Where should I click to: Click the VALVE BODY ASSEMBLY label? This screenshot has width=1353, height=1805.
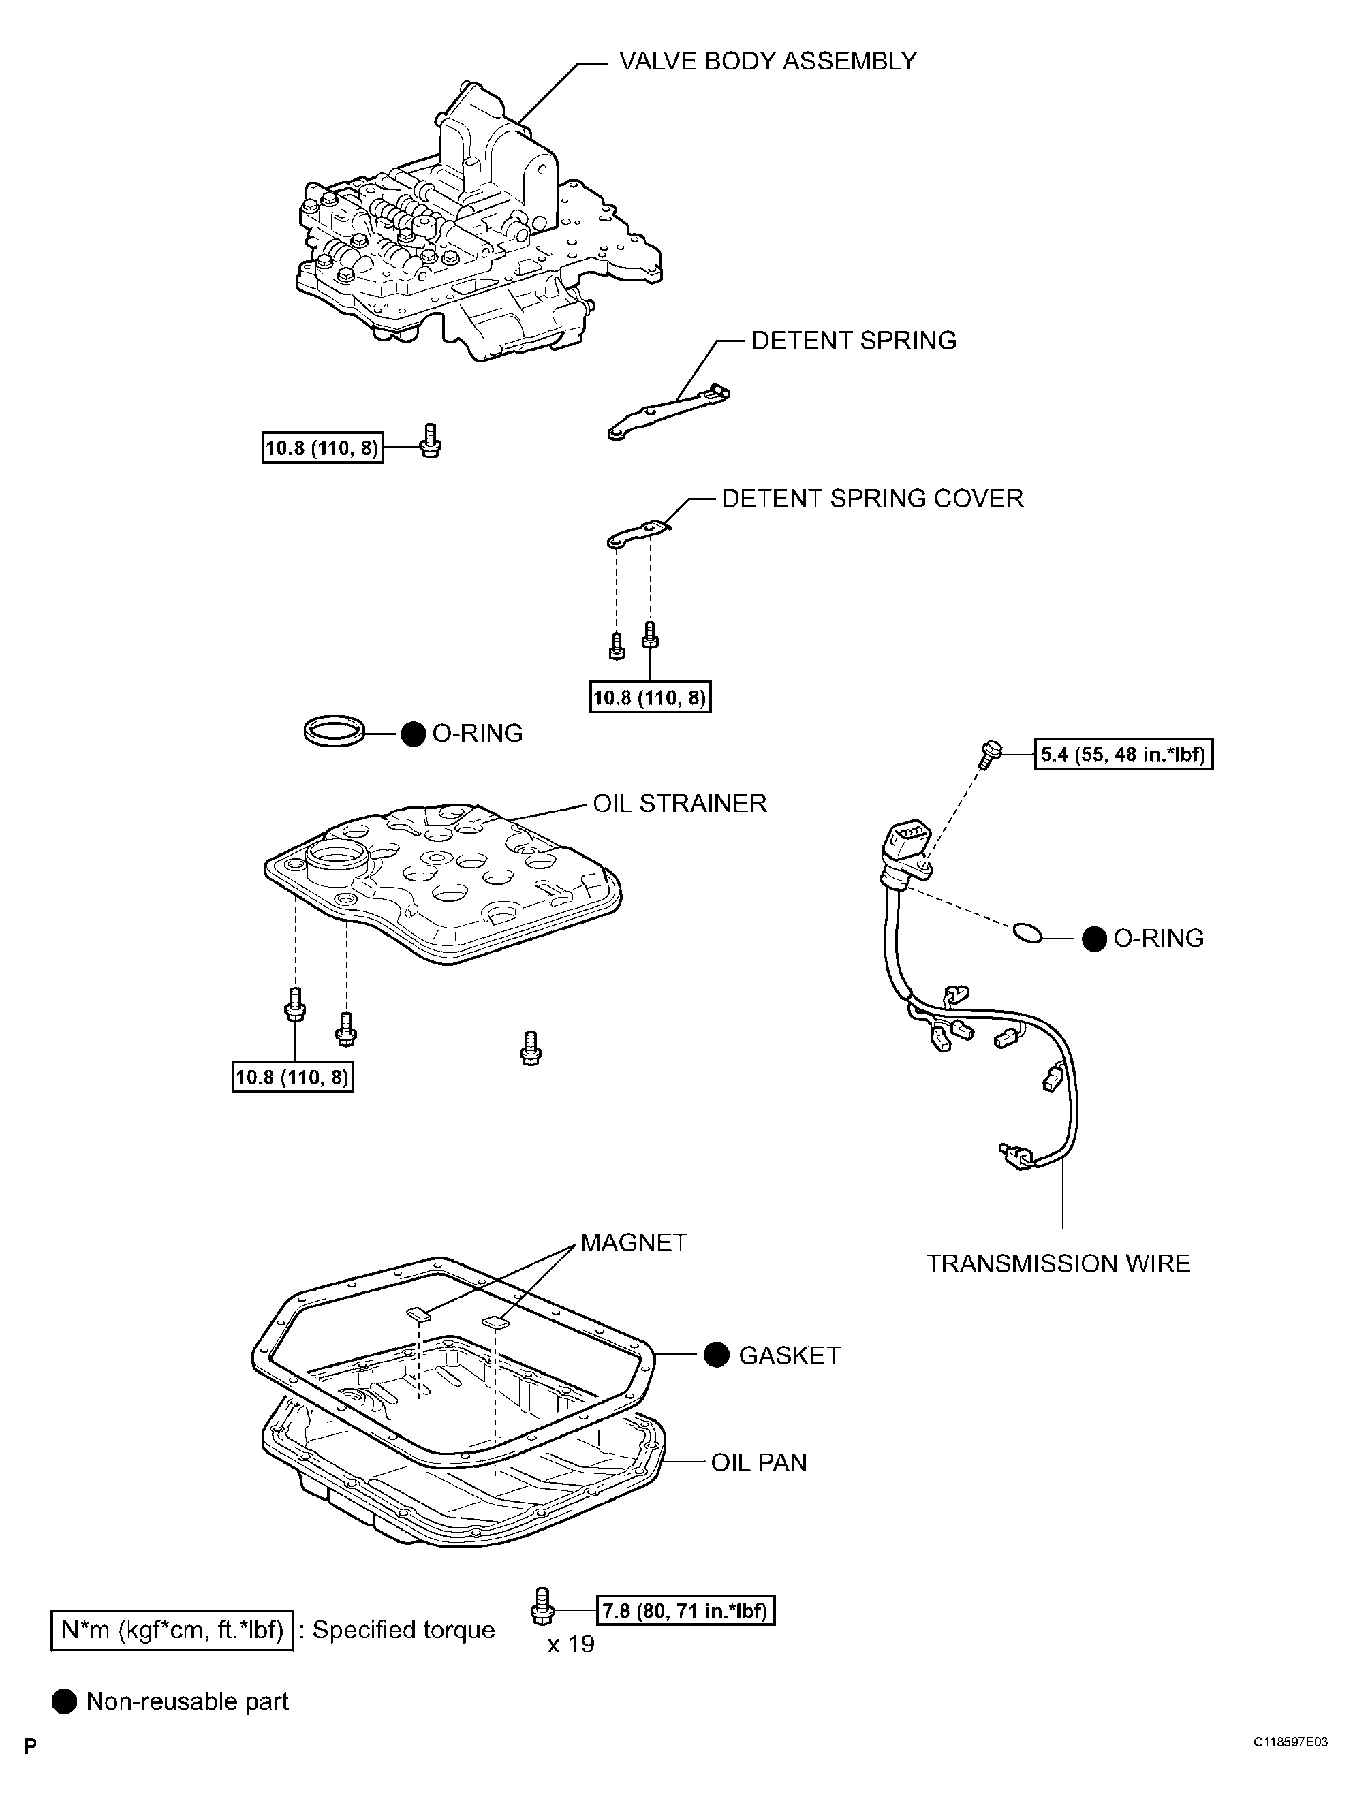(767, 61)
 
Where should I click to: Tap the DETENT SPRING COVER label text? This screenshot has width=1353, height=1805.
(871, 499)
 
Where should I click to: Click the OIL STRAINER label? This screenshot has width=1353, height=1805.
(679, 804)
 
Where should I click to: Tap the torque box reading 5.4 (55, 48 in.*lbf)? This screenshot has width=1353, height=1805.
(1123, 754)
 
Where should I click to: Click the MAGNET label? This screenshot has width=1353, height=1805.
(634, 1243)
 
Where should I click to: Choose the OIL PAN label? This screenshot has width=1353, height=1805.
(758, 1463)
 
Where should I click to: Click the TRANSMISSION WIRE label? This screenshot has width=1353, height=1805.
(1057, 1264)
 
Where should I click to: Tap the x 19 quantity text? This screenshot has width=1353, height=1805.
(570, 1644)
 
